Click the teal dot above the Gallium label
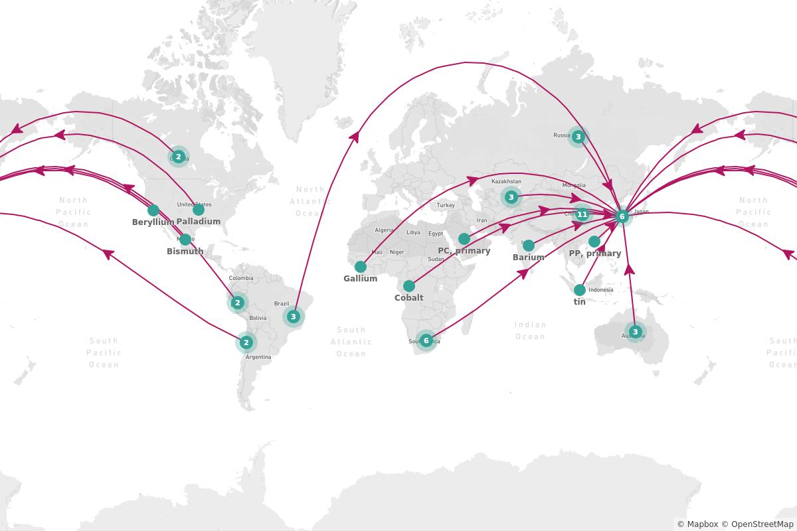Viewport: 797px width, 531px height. click(x=361, y=267)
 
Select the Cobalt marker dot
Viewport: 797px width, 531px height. click(x=409, y=286)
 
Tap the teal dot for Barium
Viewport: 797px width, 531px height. click(x=529, y=246)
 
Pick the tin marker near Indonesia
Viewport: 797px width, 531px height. click(x=580, y=290)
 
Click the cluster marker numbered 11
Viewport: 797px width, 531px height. click(x=582, y=214)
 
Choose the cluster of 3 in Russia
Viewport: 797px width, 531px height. click(x=578, y=137)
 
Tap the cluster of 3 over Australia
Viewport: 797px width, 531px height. click(x=635, y=332)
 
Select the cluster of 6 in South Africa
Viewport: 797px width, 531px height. click(x=426, y=341)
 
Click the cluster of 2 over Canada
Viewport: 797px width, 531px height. click(x=178, y=157)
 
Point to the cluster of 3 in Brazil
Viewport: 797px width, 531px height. click(x=293, y=317)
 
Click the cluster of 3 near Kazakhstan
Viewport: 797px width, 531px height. click(x=511, y=197)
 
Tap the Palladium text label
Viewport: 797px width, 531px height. click(x=199, y=222)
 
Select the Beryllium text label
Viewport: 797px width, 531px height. click(x=153, y=222)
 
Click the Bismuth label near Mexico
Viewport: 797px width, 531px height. click(x=185, y=252)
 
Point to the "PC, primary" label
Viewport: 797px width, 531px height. click(x=464, y=251)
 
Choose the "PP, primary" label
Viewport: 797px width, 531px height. click(x=595, y=254)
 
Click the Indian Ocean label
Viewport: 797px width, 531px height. click(x=530, y=331)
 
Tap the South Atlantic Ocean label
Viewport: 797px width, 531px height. click(x=351, y=341)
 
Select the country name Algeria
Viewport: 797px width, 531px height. click(x=384, y=230)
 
